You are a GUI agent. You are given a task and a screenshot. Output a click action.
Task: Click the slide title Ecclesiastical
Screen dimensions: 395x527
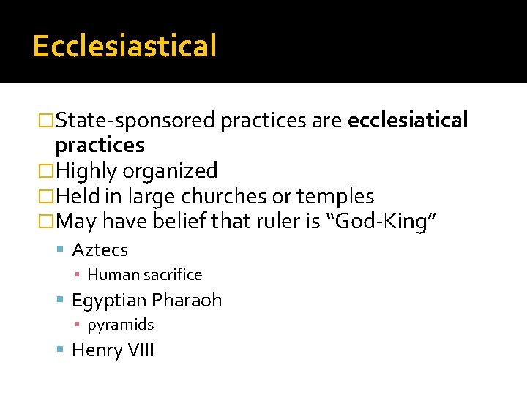click(x=124, y=46)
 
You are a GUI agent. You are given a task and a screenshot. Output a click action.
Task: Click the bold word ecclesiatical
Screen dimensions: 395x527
click(x=408, y=120)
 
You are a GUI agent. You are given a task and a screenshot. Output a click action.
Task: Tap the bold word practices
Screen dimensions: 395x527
click(x=100, y=145)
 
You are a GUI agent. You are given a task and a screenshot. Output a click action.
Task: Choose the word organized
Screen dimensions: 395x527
click(x=170, y=171)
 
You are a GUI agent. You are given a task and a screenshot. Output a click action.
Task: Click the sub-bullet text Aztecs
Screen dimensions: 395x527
click(x=100, y=250)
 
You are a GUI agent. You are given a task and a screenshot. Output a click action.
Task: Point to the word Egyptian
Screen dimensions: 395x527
click(x=108, y=301)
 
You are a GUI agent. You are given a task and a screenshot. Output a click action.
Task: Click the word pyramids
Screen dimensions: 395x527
click(x=121, y=325)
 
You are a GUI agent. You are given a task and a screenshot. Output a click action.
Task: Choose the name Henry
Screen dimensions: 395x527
click(x=97, y=350)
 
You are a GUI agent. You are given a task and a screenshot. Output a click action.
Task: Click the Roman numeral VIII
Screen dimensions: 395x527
click(x=141, y=350)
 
